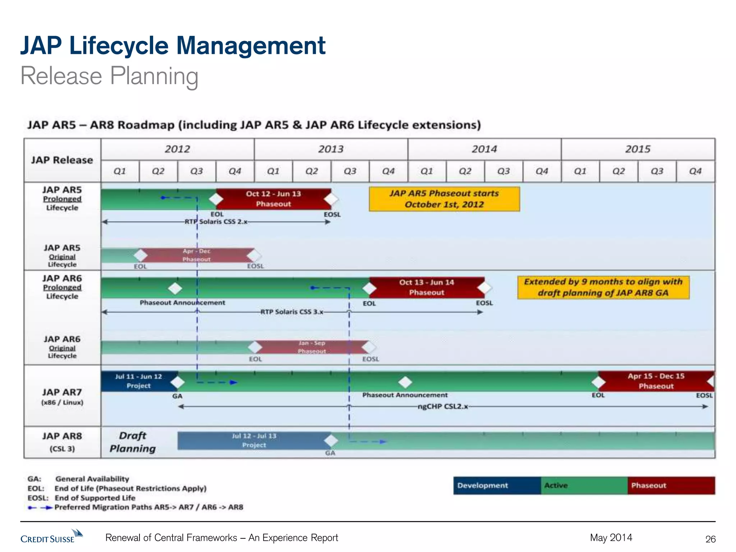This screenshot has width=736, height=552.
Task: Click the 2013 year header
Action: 331,149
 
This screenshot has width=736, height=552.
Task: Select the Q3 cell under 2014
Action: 503,171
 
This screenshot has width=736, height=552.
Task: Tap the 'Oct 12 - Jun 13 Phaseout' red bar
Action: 273,199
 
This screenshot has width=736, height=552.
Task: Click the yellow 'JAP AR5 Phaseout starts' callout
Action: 444,199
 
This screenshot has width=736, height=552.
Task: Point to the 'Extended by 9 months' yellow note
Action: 603,287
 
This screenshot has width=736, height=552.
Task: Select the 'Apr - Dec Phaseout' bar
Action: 197,255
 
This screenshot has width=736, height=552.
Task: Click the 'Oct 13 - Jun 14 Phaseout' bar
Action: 427,287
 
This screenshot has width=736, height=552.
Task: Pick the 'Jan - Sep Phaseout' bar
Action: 312,347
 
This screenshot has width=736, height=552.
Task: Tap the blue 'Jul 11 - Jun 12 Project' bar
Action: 138,381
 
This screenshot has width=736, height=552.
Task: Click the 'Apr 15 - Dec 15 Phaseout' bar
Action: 656,381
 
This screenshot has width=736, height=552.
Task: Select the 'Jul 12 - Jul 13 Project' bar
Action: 254,440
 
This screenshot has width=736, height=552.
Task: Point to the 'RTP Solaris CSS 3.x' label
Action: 292,312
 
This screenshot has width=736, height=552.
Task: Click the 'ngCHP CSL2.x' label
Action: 443,406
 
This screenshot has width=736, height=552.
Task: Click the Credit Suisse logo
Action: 51,537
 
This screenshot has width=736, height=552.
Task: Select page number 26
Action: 710,539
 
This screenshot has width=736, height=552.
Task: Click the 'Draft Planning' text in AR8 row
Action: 133,442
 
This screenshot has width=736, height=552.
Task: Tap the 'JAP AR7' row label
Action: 62,392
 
